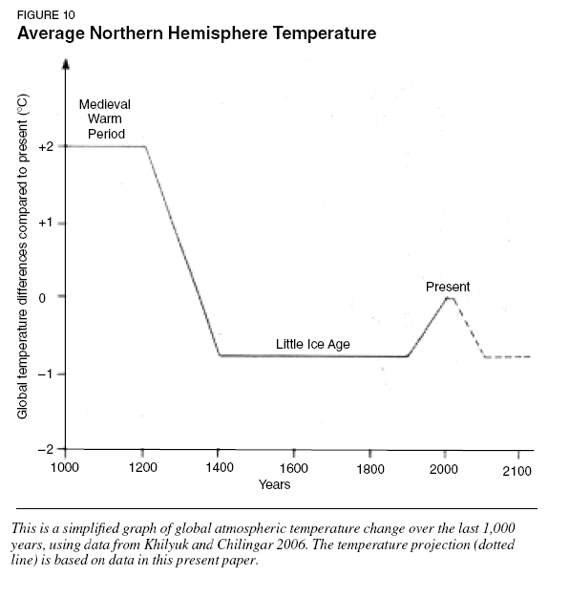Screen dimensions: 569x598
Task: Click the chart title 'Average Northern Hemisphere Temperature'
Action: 197,33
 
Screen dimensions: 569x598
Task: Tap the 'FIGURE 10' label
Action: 46,15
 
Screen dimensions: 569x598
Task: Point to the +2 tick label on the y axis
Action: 46,147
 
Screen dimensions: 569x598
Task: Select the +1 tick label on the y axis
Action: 46,223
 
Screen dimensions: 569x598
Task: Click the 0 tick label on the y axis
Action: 42,298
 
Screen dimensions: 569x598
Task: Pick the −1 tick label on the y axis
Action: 46,374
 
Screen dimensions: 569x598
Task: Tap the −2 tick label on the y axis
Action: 46,449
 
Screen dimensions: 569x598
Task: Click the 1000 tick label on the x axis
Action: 65,467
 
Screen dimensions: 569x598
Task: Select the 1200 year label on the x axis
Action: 143,467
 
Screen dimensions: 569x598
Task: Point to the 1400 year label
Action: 220,467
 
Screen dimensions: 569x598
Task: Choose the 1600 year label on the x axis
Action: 294,468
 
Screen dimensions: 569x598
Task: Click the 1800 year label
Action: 370,469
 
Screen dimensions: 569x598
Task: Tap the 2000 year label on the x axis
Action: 444,469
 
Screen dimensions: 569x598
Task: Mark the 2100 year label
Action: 516,471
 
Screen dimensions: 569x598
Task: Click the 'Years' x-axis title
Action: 274,484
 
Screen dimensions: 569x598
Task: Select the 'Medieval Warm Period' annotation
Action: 105,119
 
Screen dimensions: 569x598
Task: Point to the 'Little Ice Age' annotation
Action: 313,345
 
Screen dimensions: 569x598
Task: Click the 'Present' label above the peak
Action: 448,287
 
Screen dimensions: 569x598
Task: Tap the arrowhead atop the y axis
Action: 66,64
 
